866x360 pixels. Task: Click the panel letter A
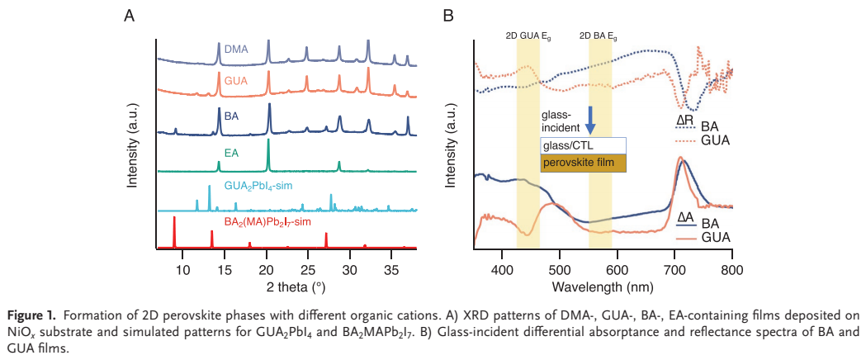129,15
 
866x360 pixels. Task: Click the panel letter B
448,15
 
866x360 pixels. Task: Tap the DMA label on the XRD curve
237,50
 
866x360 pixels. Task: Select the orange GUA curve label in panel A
236,81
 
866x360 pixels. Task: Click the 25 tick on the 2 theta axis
308,269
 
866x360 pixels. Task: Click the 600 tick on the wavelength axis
617,269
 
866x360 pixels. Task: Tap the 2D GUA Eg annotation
528,36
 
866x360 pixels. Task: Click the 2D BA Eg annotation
599,36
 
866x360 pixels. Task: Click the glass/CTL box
583,146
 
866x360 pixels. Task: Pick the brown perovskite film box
583,163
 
